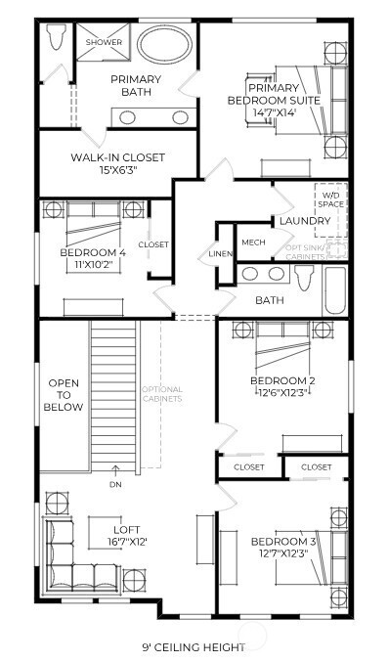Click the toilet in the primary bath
click(x=55, y=40)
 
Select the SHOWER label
click(x=104, y=43)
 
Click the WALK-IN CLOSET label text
click(x=117, y=157)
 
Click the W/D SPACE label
click(x=328, y=200)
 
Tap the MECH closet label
click(x=253, y=243)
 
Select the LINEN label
click(x=220, y=254)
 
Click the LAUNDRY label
click(x=305, y=222)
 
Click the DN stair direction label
click(x=116, y=484)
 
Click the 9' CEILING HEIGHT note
click(x=194, y=646)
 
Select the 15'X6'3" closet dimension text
click(x=117, y=171)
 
